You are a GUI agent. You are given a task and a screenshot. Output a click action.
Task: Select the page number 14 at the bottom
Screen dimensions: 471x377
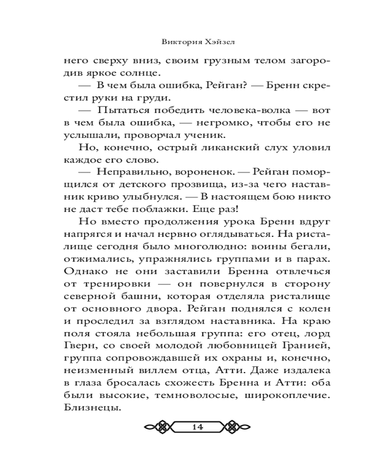(x=197, y=427)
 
